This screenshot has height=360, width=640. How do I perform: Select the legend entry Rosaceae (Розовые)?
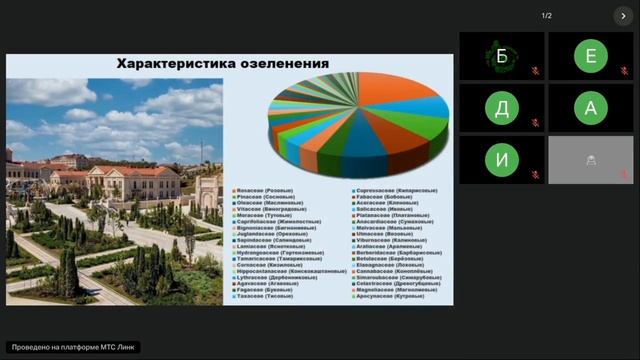[x=265, y=188]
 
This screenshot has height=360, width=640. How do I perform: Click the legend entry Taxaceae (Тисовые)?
[x=263, y=297]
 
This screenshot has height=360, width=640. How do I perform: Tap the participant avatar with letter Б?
[x=501, y=56]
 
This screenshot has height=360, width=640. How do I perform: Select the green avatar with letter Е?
[x=590, y=56]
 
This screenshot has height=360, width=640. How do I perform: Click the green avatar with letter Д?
[x=501, y=108]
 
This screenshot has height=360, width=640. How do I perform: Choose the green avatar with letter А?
[x=590, y=108]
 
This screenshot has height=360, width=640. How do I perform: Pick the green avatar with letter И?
[x=501, y=160]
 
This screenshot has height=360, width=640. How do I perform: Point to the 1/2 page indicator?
[x=546, y=16]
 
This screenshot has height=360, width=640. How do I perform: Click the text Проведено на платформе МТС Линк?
[x=73, y=347]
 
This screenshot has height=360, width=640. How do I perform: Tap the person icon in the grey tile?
[x=591, y=160]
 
